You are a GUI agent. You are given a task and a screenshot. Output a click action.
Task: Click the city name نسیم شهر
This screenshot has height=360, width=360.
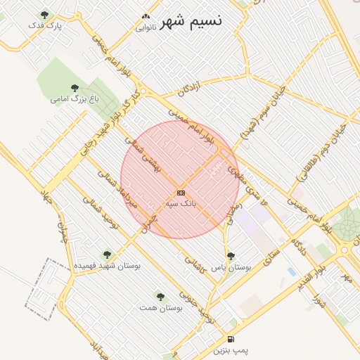(191, 21)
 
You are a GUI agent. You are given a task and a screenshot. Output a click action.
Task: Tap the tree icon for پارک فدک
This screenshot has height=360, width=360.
(45, 14)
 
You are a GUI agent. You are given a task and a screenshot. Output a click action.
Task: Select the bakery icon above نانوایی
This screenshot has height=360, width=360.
(146, 17)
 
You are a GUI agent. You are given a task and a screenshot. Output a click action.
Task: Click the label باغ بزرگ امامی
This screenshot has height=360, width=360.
(73, 99)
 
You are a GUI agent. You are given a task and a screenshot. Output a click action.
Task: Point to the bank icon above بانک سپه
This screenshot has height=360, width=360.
(181, 192)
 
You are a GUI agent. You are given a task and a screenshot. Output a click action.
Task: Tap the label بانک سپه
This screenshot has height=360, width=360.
(181, 203)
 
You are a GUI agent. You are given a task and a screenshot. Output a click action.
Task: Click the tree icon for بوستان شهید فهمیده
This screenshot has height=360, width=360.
(107, 255)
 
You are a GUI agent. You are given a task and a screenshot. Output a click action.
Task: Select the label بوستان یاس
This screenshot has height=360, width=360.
(231, 267)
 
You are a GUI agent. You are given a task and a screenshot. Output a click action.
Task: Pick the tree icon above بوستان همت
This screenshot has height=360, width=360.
(160, 296)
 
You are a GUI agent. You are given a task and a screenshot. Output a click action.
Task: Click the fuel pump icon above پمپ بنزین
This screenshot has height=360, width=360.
(231, 338)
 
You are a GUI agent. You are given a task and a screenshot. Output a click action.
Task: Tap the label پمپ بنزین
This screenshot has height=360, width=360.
(231, 349)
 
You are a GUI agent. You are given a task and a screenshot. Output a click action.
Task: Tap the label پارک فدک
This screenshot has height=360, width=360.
(45, 25)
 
